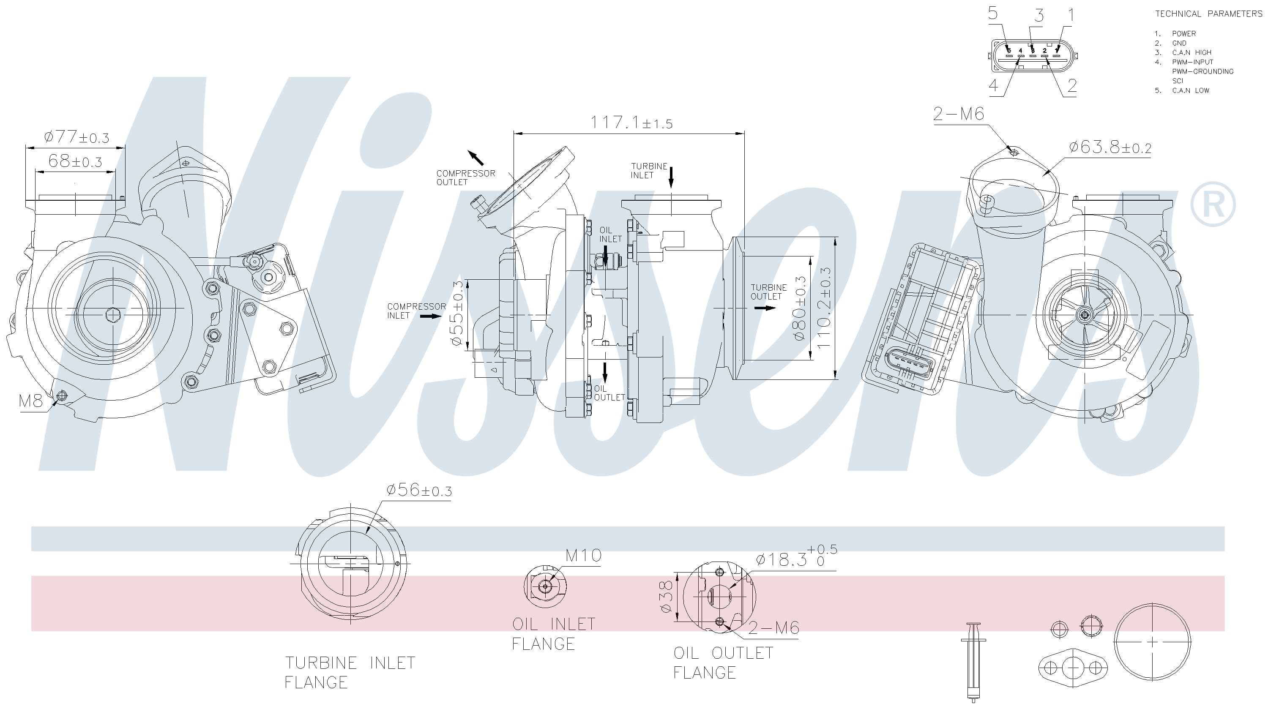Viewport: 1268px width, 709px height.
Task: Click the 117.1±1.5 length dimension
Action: click(x=631, y=122)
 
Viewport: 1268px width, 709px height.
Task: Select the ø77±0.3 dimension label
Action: click(x=77, y=137)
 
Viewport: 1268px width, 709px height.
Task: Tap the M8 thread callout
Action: click(x=31, y=401)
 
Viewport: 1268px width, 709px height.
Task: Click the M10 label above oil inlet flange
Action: click(x=583, y=556)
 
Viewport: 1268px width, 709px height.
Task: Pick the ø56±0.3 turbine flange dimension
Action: click(x=419, y=490)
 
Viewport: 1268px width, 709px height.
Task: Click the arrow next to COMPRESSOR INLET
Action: click(x=431, y=316)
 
